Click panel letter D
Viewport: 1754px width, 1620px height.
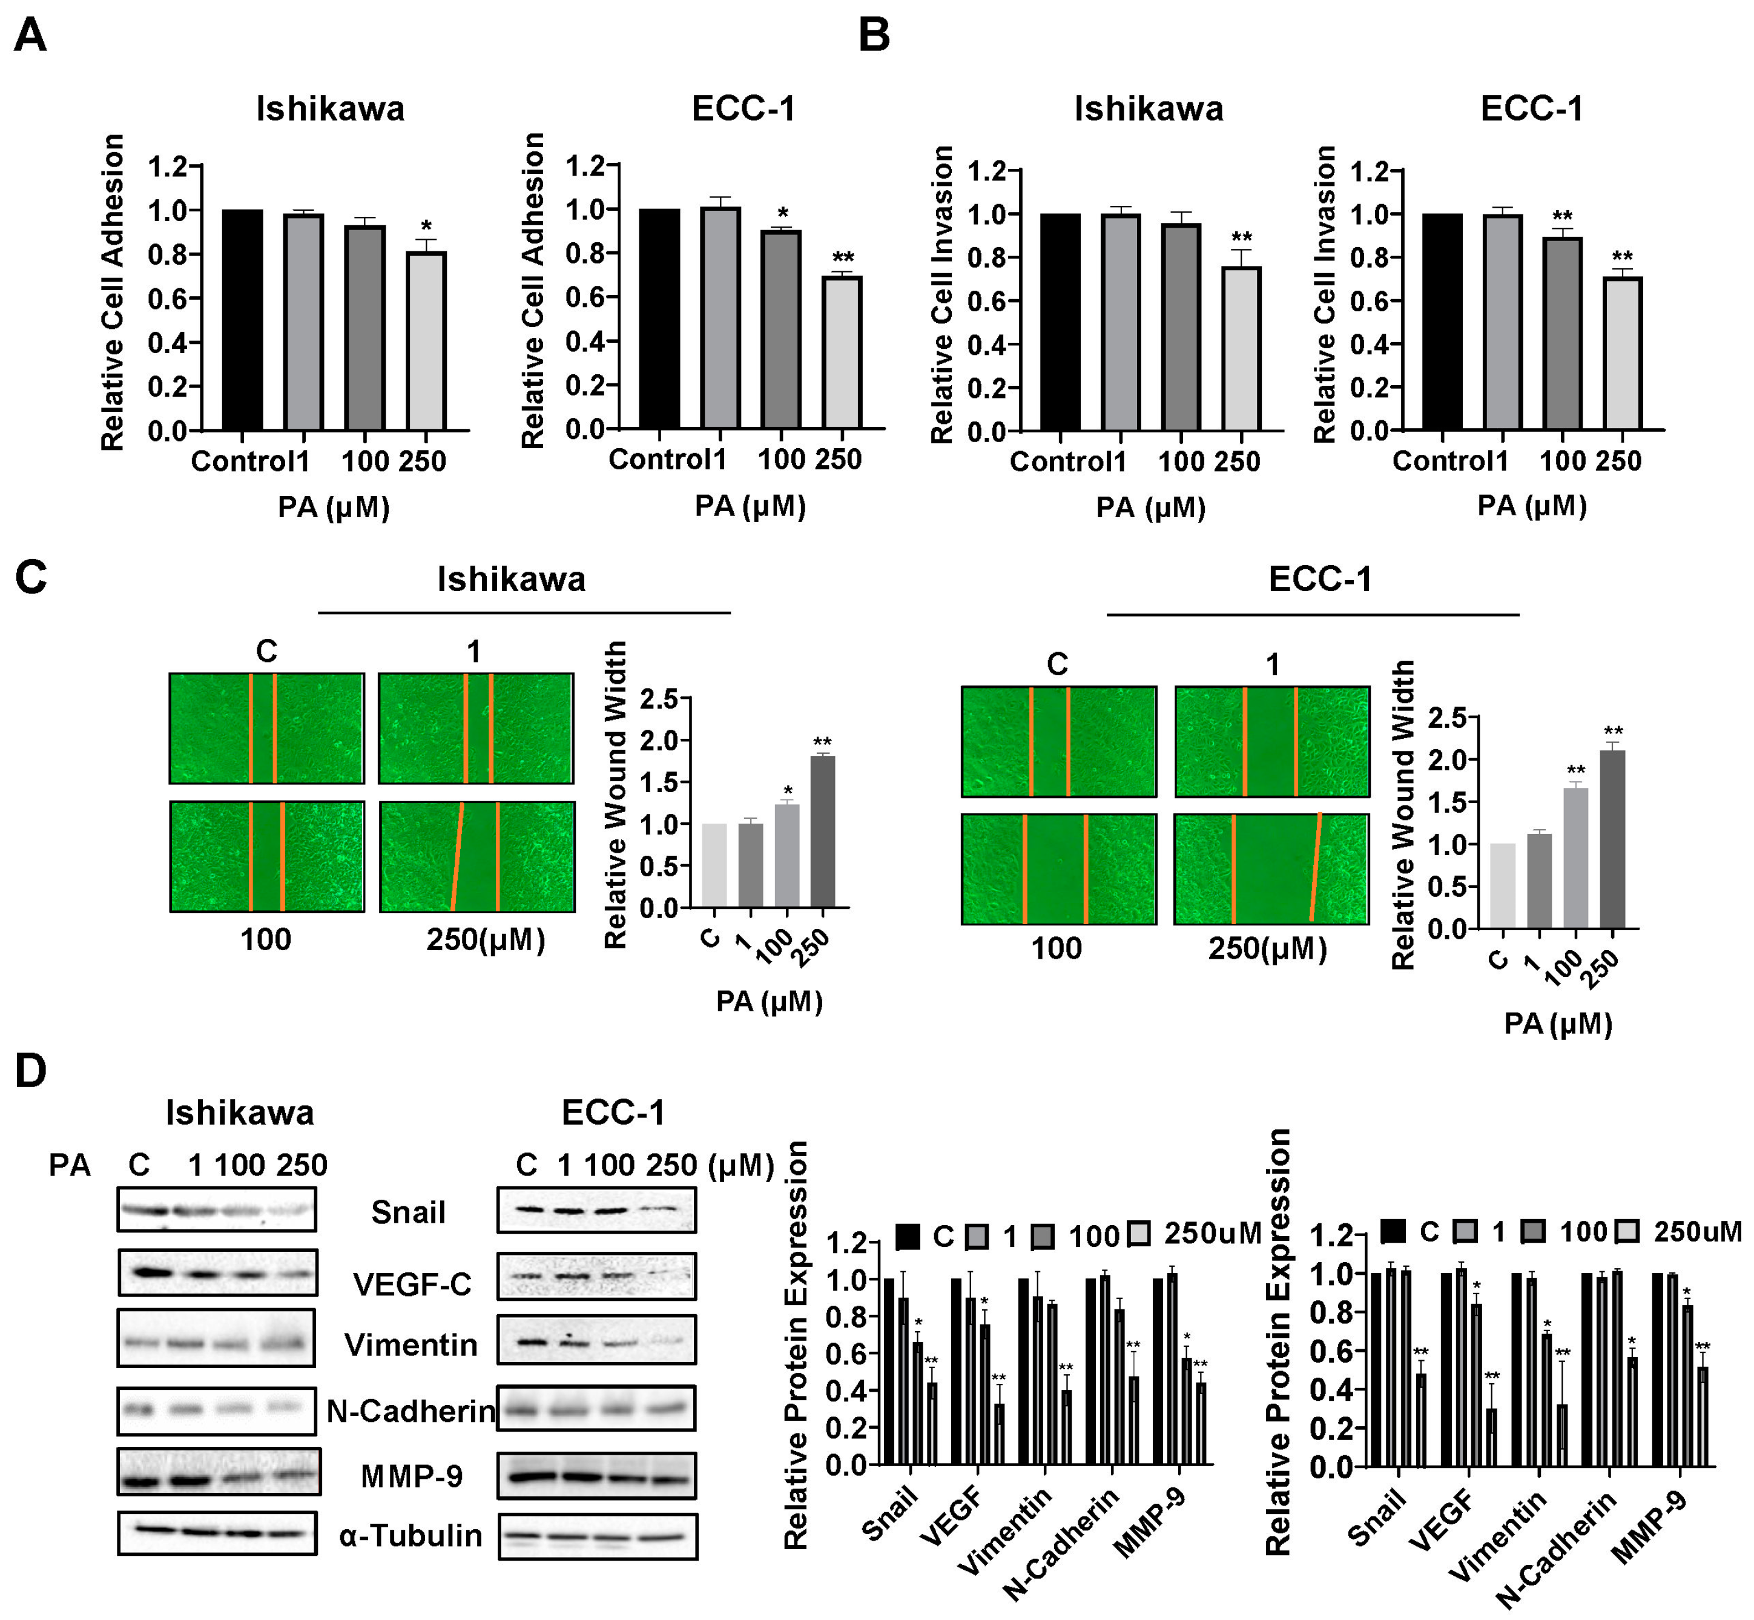[x=31, y=1071]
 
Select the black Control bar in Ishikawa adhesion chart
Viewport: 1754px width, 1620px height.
[x=242, y=320]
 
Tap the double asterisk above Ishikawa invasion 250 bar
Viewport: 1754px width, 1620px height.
[x=1241, y=237]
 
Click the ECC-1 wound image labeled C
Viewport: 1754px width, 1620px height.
[x=1058, y=742]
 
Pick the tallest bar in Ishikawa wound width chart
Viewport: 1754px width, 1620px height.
[x=822, y=831]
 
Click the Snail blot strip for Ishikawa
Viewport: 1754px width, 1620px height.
[x=217, y=1211]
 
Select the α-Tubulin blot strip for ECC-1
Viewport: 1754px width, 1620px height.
[x=597, y=1536]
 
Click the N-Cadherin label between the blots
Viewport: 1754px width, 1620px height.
[x=410, y=1411]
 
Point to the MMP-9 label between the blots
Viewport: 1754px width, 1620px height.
[x=411, y=1477]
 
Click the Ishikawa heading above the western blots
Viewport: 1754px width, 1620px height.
[x=239, y=1113]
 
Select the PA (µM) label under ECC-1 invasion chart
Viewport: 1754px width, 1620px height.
[x=1531, y=506]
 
